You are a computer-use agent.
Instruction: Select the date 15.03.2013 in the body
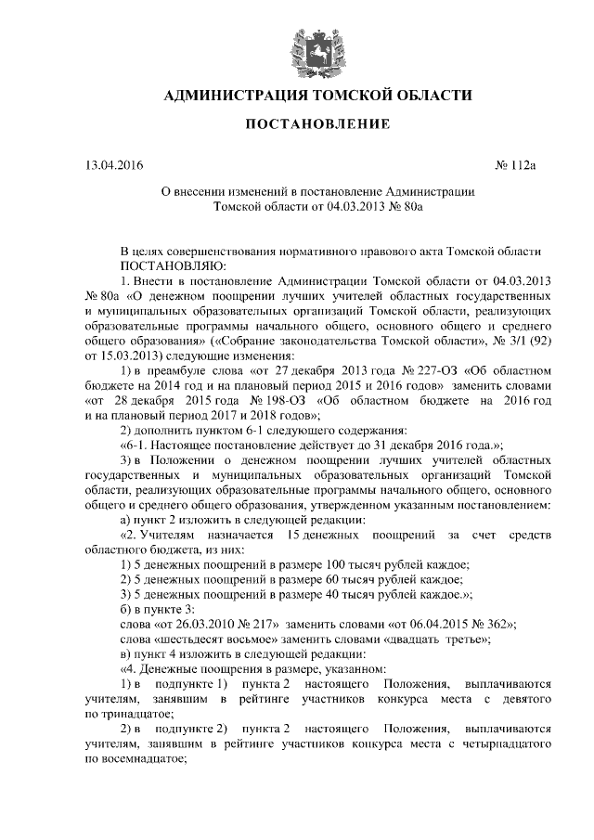tap(129, 355)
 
